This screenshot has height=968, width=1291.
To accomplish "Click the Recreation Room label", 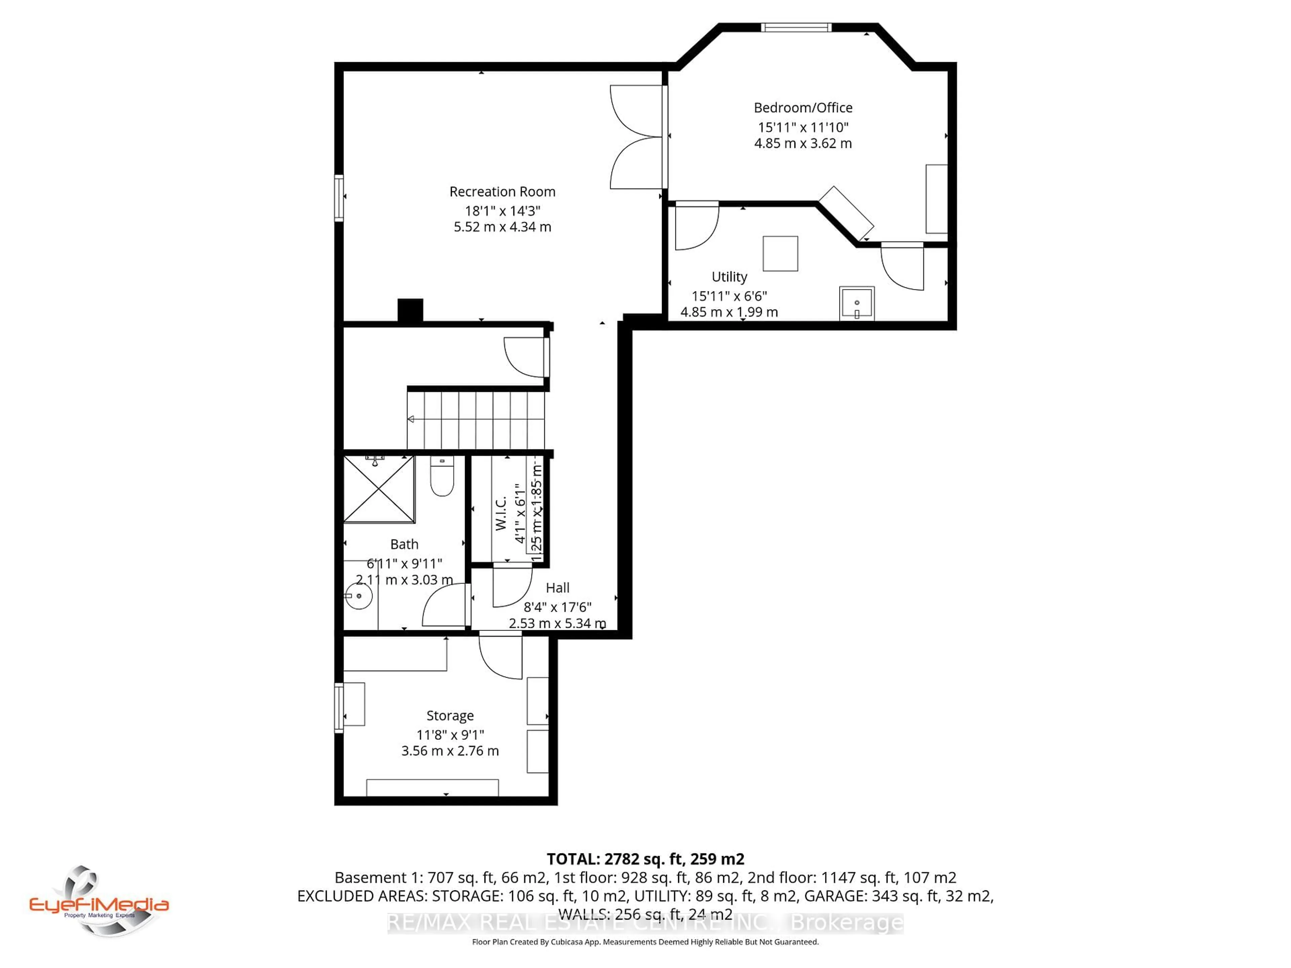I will [x=502, y=191].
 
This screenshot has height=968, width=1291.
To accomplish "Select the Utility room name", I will [x=729, y=277].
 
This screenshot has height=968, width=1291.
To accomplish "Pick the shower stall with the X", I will [x=379, y=489].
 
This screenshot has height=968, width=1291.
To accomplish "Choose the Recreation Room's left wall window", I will [x=339, y=198].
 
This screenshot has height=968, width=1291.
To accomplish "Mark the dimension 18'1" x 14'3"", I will [x=502, y=211].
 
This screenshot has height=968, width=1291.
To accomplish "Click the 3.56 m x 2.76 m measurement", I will [x=449, y=751].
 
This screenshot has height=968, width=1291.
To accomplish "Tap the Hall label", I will [x=557, y=588].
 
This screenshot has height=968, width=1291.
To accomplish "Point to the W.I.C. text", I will [x=501, y=514].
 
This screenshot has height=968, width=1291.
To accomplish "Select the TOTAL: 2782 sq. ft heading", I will [x=645, y=859].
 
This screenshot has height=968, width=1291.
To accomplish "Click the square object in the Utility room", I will [x=780, y=253].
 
